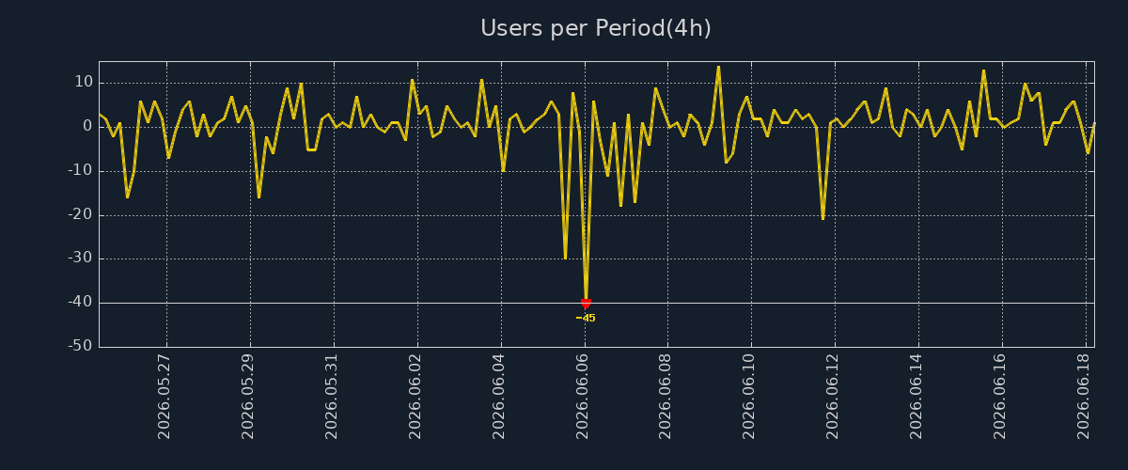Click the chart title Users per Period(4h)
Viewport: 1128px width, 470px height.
pyautogui.click(x=596, y=28)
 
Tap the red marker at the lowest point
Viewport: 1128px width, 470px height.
pyautogui.click(x=586, y=304)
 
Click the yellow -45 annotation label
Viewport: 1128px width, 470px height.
pyautogui.click(x=586, y=318)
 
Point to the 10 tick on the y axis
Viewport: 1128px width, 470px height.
pyautogui.click(x=84, y=82)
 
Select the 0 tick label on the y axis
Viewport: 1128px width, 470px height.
pyautogui.click(x=87, y=126)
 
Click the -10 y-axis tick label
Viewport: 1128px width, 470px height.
pyautogui.click(x=81, y=170)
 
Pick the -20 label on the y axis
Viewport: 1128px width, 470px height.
pyautogui.click(x=81, y=214)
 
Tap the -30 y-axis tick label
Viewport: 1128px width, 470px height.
pyautogui.click(x=81, y=258)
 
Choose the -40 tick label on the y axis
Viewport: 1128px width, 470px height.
pyautogui.click(x=81, y=302)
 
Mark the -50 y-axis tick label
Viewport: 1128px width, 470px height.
pyautogui.click(x=81, y=346)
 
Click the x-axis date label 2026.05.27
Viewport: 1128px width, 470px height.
pyautogui.click(x=164, y=397)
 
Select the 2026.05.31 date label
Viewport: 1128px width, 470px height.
pyautogui.click(x=331, y=397)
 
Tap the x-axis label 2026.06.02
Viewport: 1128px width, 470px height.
pyautogui.click(x=415, y=397)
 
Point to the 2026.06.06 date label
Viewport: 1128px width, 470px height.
pyautogui.click(x=582, y=397)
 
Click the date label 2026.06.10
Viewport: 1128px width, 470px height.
pyautogui.click(x=749, y=397)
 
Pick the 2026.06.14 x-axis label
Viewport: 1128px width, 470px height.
pyautogui.click(x=916, y=397)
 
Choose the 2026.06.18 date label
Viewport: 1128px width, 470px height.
pyautogui.click(x=1084, y=397)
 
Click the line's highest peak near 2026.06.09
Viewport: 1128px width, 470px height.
pyautogui.click(x=718, y=67)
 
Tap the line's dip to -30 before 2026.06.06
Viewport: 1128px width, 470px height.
pyautogui.click(x=565, y=258)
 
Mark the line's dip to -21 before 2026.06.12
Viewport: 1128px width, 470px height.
pyautogui.click(x=822, y=219)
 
